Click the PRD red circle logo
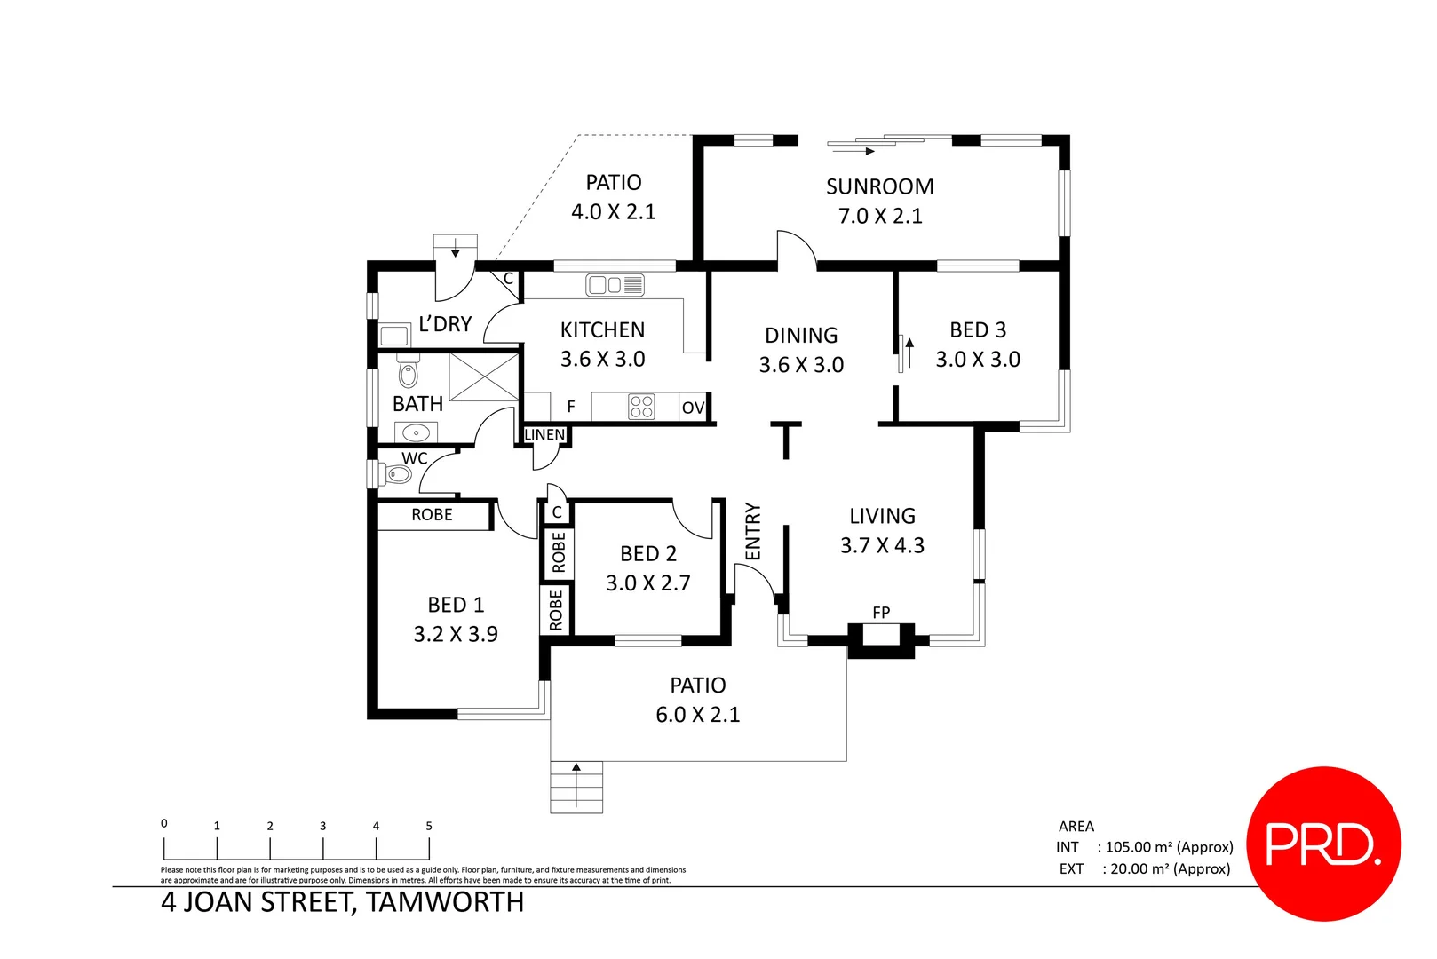click(1323, 844)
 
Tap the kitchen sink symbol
click(615, 285)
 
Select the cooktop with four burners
click(641, 407)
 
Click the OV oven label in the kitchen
click(693, 408)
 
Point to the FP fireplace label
click(881, 613)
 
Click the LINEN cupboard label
click(544, 434)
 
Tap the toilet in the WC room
click(396, 474)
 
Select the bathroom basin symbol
click(416, 432)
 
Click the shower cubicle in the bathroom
click(483, 376)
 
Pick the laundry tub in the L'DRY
click(393, 336)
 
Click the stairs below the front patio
click(576, 787)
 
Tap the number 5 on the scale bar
click(429, 826)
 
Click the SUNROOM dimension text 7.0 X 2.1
click(880, 216)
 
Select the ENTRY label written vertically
click(753, 531)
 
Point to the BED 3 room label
click(978, 330)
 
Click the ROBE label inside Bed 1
click(432, 515)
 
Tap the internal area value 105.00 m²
click(1169, 847)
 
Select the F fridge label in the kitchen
click(571, 407)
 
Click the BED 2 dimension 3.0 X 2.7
click(647, 583)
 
